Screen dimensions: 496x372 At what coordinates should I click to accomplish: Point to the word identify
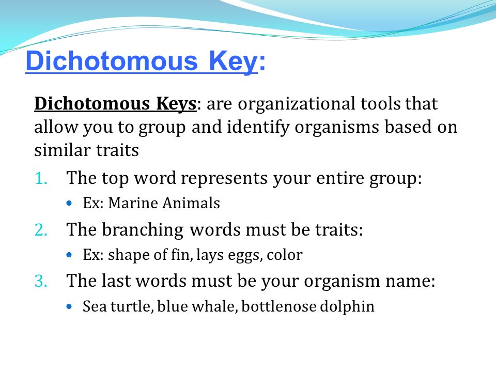click(x=258, y=127)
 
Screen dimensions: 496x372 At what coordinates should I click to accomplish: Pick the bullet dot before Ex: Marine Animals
click(x=69, y=203)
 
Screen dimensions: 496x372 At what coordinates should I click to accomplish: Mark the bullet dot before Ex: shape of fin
click(x=69, y=255)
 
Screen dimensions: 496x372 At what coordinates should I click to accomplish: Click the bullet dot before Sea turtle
click(x=69, y=306)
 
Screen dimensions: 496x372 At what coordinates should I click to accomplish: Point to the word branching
click(x=143, y=230)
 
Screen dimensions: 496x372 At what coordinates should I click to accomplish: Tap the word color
click(x=284, y=255)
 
